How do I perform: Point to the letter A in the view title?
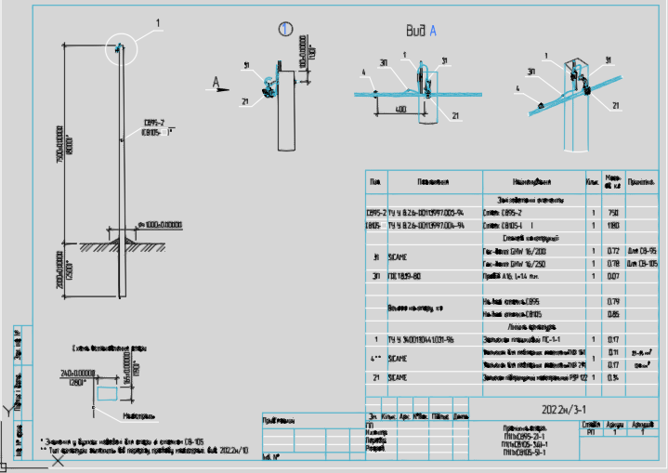(431, 31)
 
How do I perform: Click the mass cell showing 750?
(612, 212)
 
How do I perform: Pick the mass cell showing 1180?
(612, 225)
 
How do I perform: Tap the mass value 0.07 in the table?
(612, 276)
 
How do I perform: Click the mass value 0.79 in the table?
(612, 301)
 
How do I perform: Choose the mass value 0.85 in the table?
(612, 314)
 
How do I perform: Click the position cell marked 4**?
(375, 358)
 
